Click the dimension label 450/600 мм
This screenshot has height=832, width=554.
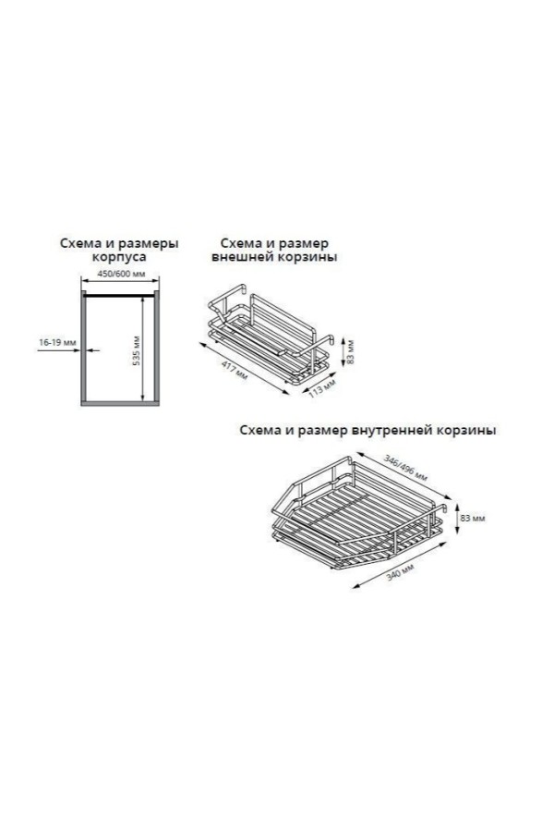pyautogui.click(x=121, y=275)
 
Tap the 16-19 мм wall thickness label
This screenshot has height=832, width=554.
pyautogui.click(x=57, y=343)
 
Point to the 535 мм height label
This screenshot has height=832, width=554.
pyautogui.click(x=136, y=350)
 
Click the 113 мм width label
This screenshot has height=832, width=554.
pyautogui.click(x=322, y=387)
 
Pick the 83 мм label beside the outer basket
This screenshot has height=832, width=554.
pyautogui.click(x=350, y=351)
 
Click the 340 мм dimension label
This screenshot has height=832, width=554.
pyautogui.click(x=400, y=572)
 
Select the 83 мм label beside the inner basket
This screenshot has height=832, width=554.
pyautogui.click(x=473, y=518)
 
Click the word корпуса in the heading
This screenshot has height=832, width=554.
pyautogui.click(x=119, y=257)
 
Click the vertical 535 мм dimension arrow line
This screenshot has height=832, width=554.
pyautogui.click(x=142, y=349)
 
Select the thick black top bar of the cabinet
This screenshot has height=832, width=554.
pyautogui.click(x=120, y=295)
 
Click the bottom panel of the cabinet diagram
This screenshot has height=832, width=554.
pyautogui.click(x=120, y=403)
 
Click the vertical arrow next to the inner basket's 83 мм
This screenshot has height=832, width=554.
pyautogui.click(x=457, y=519)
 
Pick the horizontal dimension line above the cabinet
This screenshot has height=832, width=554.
pyautogui.click(x=120, y=280)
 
